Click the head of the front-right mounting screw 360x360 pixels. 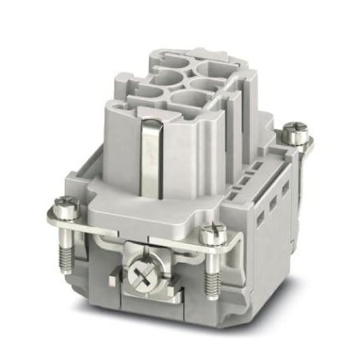coord(214,234)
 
